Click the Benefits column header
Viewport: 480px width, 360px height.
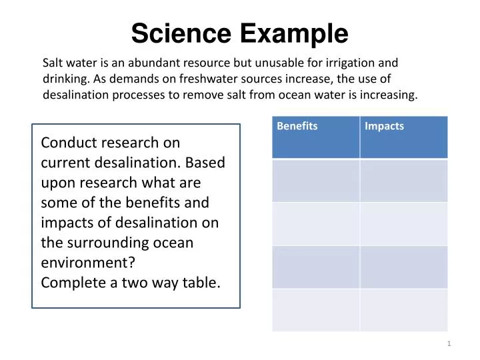297,126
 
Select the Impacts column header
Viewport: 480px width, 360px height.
385,126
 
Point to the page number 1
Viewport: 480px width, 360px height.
449,343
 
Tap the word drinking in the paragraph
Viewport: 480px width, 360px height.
64,79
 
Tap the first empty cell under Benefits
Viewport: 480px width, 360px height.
316,180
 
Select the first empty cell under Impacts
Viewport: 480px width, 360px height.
404,180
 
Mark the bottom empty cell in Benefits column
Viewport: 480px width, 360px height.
316,310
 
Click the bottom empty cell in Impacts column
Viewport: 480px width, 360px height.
404,310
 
